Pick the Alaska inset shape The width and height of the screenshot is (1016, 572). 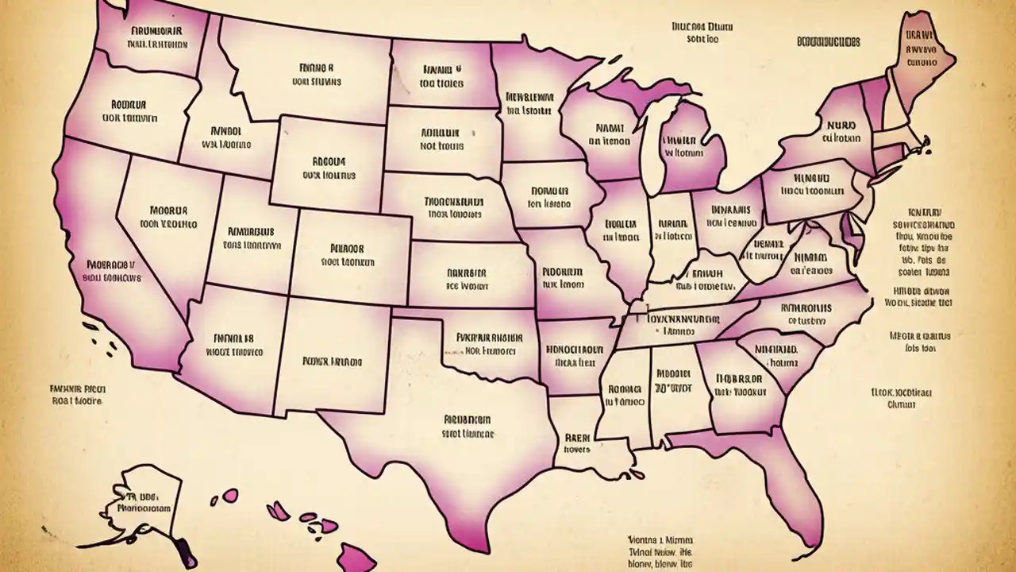[143, 508]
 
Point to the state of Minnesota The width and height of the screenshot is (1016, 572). [528, 103]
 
